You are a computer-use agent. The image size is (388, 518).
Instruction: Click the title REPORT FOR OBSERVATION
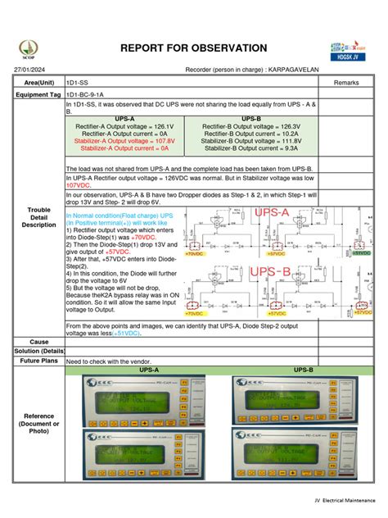(x=193, y=49)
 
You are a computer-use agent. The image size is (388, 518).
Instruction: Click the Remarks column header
(x=347, y=83)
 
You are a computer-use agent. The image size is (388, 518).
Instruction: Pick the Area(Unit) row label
(x=39, y=83)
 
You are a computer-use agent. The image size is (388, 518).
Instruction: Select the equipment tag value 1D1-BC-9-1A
(x=88, y=94)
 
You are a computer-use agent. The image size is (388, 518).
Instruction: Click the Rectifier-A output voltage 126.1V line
(x=125, y=127)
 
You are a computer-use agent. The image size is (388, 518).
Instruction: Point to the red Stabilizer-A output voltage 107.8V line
(x=125, y=141)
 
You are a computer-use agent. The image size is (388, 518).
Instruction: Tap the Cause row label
(x=39, y=341)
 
